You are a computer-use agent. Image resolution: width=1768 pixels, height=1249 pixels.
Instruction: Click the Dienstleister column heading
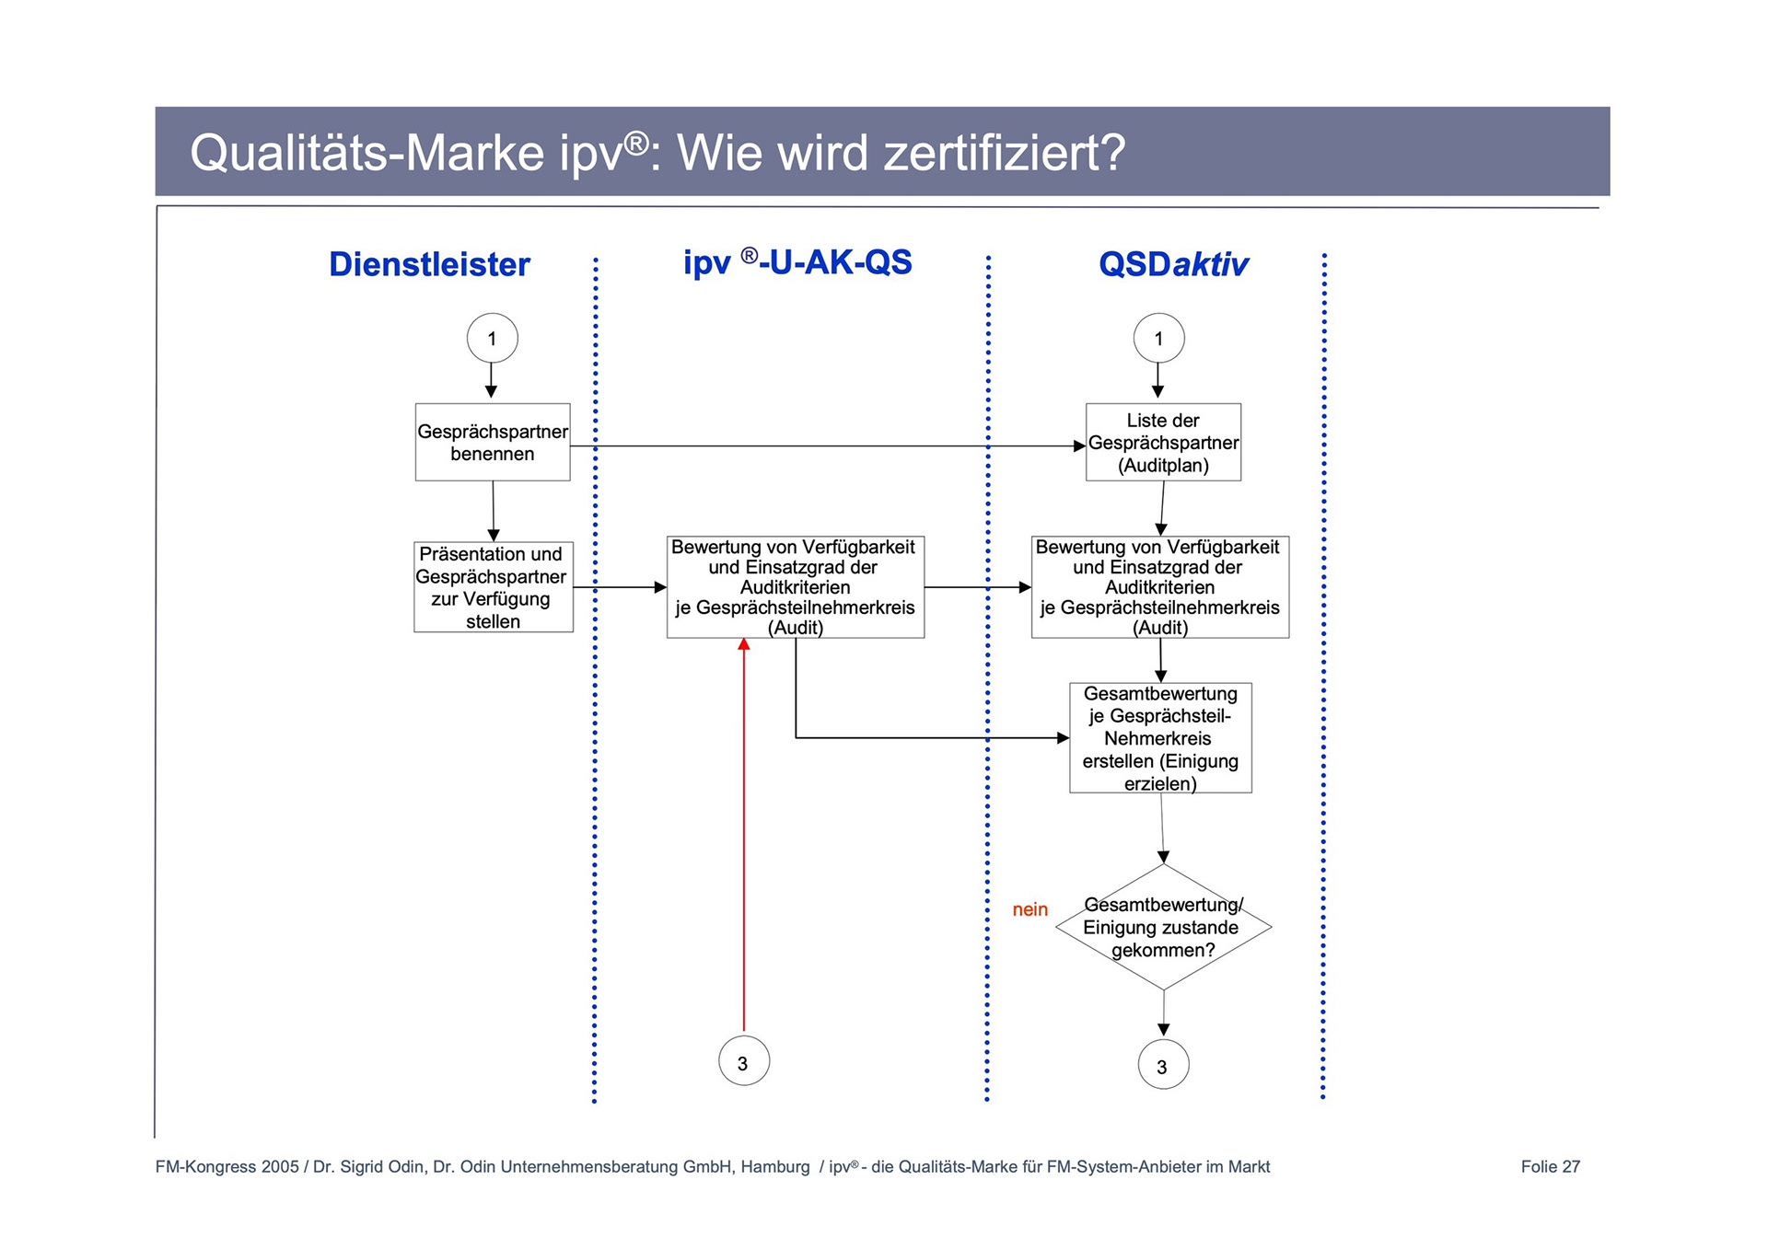pyautogui.click(x=429, y=264)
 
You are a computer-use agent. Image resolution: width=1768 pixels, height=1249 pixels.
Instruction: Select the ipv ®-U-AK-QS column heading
pyautogui.click(x=797, y=262)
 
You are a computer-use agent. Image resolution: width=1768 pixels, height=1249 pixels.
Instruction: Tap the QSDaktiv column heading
pyautogui.click(x=1173, y=264)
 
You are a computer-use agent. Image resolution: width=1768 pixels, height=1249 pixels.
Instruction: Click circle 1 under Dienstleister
pyautogui.click(x=492, y=338)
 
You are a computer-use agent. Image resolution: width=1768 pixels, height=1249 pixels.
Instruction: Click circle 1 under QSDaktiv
pyautogui.click(x=1158, y=338)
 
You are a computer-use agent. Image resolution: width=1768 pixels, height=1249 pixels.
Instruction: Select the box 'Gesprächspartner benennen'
pyautogui.click(x=493, y=442)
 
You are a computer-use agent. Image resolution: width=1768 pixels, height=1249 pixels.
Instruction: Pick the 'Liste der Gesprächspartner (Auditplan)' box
pyautogui.click(x=1163, y=442)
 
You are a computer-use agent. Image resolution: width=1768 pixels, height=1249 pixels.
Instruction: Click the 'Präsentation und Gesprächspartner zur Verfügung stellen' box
pyautogui.click(x=493, y=587)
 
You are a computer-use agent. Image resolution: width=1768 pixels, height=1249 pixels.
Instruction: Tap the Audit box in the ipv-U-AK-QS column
pyautogui.click(x=795, y=587)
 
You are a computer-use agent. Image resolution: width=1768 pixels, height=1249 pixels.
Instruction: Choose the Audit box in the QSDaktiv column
pyautogui.click(x=1159, y=587)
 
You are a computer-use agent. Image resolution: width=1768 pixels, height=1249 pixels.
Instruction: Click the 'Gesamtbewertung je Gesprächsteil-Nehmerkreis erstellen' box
pyautogui.click(x=1160, y=737)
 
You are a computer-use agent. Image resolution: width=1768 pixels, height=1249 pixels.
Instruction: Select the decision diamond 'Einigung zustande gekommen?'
pyautogui.click(x=1163, y=927)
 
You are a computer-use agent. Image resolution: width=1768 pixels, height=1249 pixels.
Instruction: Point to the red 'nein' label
pyautogui.click(x=1029, y=909)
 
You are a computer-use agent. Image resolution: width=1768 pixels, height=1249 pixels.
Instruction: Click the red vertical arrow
pyautogui.click(x=744, y=828)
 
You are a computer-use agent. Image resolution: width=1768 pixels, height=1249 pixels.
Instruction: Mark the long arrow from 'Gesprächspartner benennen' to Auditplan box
pyautogui.click(x=829, y=446)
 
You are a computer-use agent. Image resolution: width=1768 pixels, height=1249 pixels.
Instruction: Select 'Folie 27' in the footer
pyautogui.click(x=1550, y=1167)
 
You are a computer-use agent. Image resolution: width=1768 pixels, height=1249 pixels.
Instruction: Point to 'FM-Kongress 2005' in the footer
pyautogui.click(x=227, y=1167)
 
